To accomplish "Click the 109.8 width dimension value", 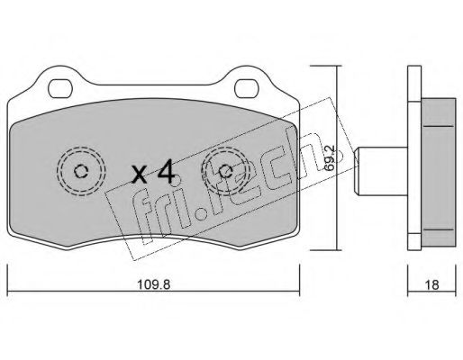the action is pos(153,284).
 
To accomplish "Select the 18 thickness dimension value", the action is pos(431,284).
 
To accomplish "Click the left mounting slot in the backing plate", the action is pos(60,89).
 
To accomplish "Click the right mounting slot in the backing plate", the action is pos(247,89).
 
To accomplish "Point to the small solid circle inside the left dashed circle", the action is pos(81,171).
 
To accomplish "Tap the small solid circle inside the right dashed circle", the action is pos(225,171).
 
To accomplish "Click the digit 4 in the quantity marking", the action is pos(167,171).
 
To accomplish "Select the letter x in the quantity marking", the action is pos(140,175).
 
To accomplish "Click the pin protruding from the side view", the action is pos(381,172).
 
